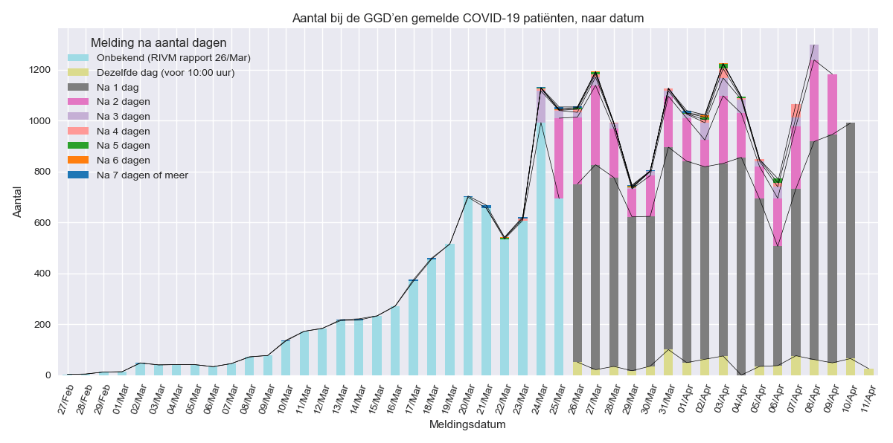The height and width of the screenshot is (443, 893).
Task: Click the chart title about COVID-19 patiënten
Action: point(467,18)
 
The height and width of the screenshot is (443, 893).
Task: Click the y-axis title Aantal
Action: point(19,201)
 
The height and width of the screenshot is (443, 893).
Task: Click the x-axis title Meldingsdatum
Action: point(467,425)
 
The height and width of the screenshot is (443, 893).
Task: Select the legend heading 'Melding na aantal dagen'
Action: point(158,43)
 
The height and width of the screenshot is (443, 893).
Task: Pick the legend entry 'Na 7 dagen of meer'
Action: point(142,175)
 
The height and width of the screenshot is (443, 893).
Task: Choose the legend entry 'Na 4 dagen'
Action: point(124,131)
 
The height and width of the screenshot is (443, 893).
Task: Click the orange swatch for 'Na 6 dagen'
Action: point(78,160)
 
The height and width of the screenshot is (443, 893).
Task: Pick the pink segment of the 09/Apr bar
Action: point(832,104)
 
